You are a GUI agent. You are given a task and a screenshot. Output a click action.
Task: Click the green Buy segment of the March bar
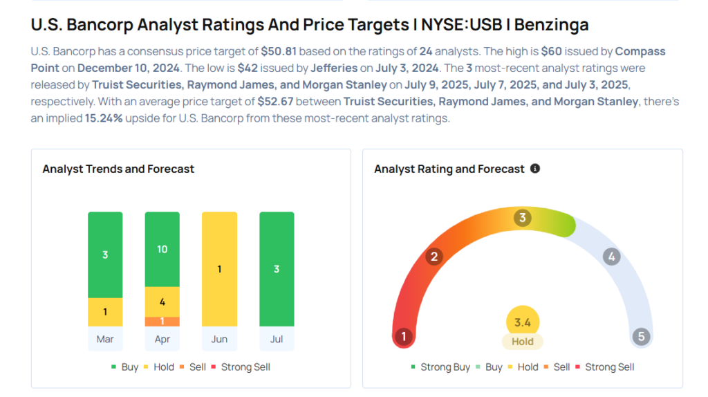pyautogui.click(x=105, y=255)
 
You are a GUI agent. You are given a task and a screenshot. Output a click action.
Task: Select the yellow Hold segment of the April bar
pyautogui.click(x=162, y=302)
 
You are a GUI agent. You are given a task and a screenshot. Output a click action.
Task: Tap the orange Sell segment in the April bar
pyautogui.click(x=162, y=322)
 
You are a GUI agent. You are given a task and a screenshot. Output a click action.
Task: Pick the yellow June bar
pyautogui.click(x=219, y=269)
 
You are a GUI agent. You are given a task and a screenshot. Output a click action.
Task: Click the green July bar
pyautogui.click(x=277, y=269)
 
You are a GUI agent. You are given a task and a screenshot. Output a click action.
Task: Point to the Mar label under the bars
pyautogui.click(x=105, y=339)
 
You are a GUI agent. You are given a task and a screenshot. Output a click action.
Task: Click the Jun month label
pyautogui.click(x=219, y=339)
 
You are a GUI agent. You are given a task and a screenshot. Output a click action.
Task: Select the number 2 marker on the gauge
pyautogui.click(x=434, y=257)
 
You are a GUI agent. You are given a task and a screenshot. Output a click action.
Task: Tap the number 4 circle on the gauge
pyautogui.click(x=611, y=257)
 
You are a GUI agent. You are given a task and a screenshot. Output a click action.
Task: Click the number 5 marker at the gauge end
pyautogui.click(x=641, y=336)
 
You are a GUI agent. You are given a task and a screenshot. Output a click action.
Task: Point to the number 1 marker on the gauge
pyautogui.click(x=404, y=336)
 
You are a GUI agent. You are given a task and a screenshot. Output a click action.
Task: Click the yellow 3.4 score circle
pyautogui.click(x=523, y=322)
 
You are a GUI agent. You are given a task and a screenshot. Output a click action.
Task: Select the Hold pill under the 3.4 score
pyautogui.click(x=523, y=342)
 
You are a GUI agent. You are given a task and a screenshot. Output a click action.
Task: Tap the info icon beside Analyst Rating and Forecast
pyautogui.click(x=535, y=169)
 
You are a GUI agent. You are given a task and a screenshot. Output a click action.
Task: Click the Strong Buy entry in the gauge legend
pyautogui.click(x=440, y=367)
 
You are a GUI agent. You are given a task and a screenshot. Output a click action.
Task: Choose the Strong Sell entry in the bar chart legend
pyautogui.click(x=241, y=367)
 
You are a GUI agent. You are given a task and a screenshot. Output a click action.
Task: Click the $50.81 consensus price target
pyautogui.click(x=279, y=51)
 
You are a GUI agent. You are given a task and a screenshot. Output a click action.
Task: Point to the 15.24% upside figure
pyautogui.click(x=104, y=118)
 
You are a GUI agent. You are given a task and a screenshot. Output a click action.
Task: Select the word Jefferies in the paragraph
pyautogui.click(x=334, y=68)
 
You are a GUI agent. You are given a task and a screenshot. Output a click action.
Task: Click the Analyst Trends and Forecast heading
pyautogui.click(x=118, y=169)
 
